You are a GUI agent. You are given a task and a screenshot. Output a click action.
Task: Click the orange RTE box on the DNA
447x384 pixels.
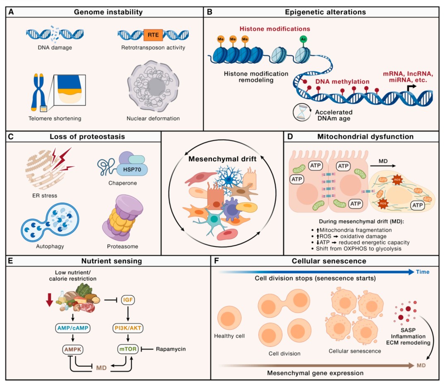tap(153, 35)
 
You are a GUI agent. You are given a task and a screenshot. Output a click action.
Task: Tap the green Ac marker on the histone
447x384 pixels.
tap(303, 39)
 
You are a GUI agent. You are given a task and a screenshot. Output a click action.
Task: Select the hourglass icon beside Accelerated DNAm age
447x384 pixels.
tap(302, 112)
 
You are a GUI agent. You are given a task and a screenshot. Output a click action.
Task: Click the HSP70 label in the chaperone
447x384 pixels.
tap(132, 169)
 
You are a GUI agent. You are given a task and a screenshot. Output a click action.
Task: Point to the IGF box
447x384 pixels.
tap(128, 300)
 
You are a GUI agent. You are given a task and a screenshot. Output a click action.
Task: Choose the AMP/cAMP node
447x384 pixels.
tap(73, 328)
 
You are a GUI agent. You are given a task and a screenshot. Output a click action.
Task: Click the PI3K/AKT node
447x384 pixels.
tap(128, 328)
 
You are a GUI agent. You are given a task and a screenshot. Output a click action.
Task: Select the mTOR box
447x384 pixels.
tap(128, 349)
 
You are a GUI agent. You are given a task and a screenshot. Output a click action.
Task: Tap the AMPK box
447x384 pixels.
tap(73, 349)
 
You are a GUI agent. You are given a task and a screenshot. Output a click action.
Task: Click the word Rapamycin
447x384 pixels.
tap(171, 349)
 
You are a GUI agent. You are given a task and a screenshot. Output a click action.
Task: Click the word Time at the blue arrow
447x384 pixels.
tap(423, 272)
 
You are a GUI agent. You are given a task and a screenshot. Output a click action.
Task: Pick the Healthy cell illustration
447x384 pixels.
tap(229, 318)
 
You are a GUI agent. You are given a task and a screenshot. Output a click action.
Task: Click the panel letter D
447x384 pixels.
tap(290, 137)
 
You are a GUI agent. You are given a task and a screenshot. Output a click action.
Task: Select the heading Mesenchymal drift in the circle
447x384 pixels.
tap(222, 159)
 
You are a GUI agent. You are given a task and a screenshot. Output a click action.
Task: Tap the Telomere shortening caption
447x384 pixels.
tap(55, 118)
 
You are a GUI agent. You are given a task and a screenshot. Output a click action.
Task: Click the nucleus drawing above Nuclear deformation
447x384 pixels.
tap(153, 86)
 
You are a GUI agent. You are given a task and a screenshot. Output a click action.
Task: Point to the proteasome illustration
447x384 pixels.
tap(123, 217)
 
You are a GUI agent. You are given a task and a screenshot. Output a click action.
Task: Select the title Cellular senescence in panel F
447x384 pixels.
tap(329, 261)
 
